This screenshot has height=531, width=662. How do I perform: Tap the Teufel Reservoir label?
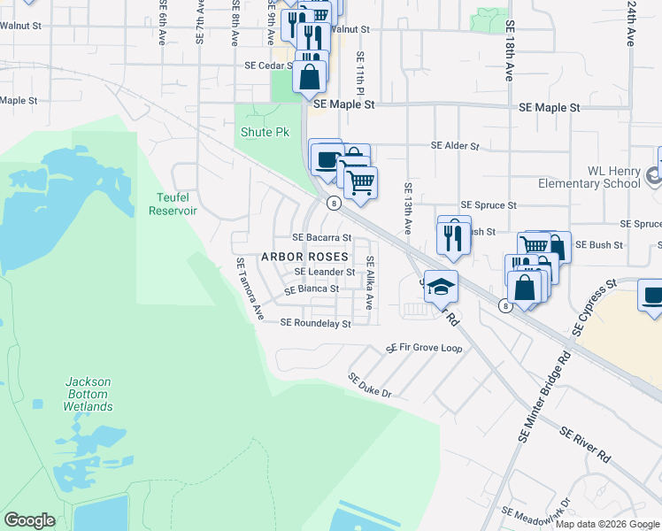pos(173,205)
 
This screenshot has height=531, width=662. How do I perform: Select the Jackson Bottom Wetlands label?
pos(88,394)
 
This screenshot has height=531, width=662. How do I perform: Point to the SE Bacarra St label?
pos(322,238)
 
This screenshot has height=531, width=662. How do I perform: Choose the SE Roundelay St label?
pos(315,324)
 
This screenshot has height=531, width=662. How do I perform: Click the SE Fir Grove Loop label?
pos(424,349)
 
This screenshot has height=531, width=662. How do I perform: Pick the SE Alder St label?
pos(454,146)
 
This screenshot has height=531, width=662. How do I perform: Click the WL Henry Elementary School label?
pos(589,178)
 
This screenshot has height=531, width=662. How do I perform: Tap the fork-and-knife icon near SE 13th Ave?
pos(453,235)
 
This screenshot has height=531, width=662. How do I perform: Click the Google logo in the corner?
pos(29,520)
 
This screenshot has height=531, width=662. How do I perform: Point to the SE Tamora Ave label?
pos(250,289)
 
